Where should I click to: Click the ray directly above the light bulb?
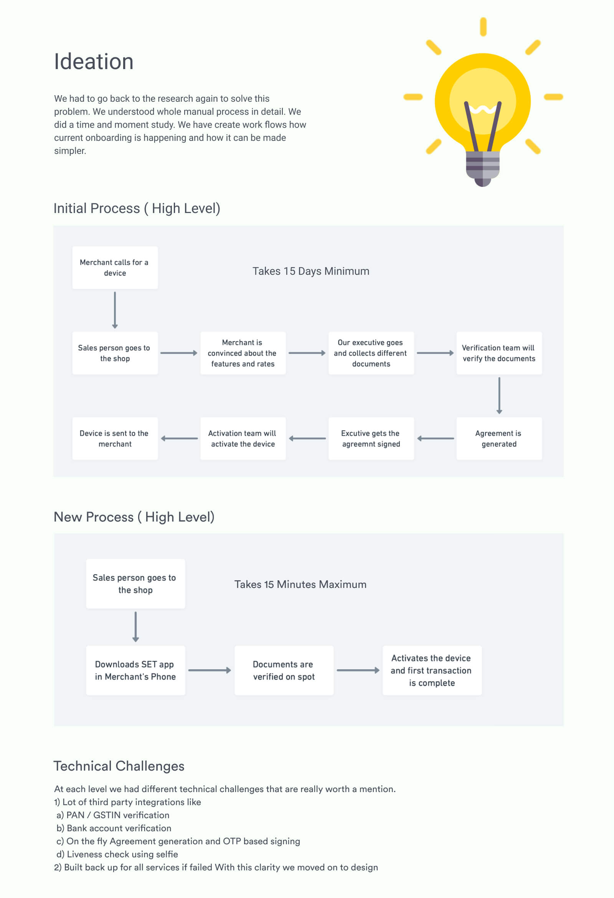coord(483,27)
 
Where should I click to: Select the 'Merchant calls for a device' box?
coord(115,267)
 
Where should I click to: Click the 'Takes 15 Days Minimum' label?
coord(311,271)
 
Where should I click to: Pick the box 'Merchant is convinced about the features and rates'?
coord(243,353)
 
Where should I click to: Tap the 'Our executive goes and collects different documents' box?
coord(371,353)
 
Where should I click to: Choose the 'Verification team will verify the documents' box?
coord(499,353)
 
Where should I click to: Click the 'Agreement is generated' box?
coord(499,438)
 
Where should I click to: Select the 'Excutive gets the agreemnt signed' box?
coord(371,438)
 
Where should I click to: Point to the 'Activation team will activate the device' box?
coord(243,438)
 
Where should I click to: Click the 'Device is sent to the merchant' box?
coord(115,438)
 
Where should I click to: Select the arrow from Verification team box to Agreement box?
coord(499,396)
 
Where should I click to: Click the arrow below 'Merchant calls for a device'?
coord(115,310)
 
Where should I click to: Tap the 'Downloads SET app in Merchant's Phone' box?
coord(135,670)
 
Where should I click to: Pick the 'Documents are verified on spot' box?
coord(284,670)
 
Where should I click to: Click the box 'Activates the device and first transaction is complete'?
coord(432,670)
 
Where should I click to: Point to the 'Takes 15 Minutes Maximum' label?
coord(300,584)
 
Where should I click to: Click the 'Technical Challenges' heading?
coord(119,766)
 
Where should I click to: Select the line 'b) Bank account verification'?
coord(114,828)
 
